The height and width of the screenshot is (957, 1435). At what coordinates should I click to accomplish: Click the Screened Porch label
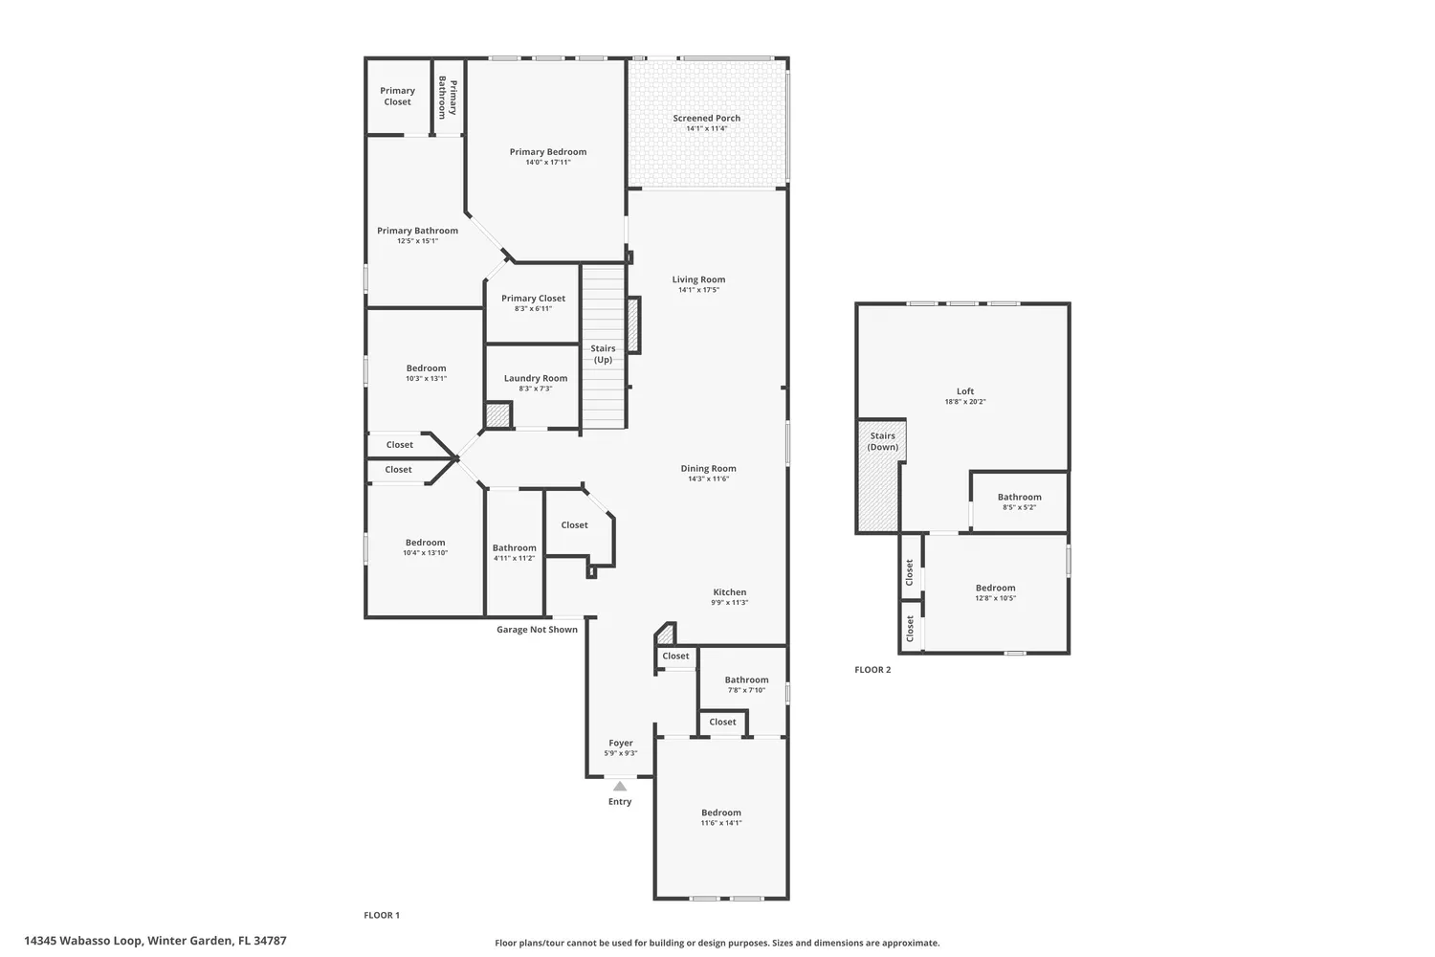(706, 119)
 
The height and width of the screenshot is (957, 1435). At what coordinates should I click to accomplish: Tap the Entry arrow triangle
(620, 786)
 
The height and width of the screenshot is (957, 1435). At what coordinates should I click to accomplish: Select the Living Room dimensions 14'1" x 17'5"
(698, 290)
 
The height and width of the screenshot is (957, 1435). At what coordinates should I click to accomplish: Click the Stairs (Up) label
(603, 354)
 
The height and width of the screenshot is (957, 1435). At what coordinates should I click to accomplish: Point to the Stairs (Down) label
(882, 441)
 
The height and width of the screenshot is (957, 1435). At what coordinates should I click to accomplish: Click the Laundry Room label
(536, 378)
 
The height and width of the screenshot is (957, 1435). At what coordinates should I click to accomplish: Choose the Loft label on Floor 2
(965, 391)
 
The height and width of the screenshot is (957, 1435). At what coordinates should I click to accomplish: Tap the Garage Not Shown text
(537, 630)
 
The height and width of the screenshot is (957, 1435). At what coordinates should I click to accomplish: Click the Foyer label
(621, 743)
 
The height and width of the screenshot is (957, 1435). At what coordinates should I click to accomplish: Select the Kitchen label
(729, 592)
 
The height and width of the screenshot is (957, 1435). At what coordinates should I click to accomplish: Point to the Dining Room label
(708, 469)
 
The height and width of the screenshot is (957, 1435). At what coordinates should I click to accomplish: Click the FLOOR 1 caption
(382, 915)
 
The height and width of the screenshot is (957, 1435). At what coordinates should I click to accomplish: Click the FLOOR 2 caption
(872, 670)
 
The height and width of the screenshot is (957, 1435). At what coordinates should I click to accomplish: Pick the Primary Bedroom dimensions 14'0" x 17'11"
(548, 163)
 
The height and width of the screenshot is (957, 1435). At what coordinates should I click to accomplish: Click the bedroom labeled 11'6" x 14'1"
(720, 817)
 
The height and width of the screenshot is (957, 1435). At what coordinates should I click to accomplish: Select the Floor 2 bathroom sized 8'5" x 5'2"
(1019, 501)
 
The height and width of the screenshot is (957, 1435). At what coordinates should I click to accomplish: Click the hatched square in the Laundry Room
(497, 416)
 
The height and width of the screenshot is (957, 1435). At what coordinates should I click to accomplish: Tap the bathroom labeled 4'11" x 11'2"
(515, 553)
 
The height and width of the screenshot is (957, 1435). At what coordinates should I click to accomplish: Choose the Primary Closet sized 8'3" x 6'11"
(533, 303)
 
